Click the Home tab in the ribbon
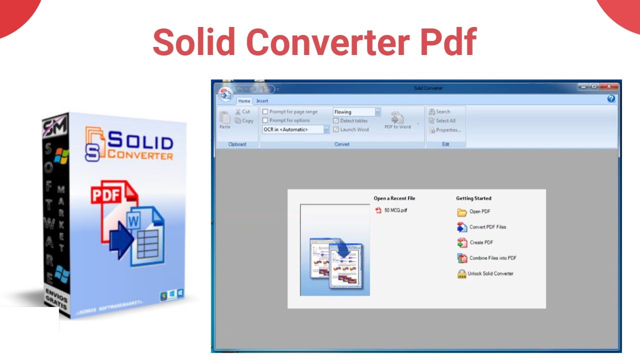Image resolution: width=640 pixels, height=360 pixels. click(244, 101)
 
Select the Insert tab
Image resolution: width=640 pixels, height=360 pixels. click(262, 101)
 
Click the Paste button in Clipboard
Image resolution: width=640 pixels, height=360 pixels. click(225, 120)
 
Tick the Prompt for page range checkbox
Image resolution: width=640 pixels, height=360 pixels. click(265, 112)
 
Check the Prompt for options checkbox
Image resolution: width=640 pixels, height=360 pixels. click(265, 120)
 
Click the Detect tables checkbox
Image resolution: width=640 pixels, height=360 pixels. click(336, 121)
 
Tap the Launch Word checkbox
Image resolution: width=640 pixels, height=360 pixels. click(336, 129)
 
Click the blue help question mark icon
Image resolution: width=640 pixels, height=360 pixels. click(611, 99)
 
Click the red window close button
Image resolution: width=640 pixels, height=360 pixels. click(609, 86)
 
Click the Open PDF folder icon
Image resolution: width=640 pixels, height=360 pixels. click(462, 212)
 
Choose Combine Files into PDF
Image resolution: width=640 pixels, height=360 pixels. click(492, 258)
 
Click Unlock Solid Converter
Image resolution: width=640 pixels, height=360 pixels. click(490, 273)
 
